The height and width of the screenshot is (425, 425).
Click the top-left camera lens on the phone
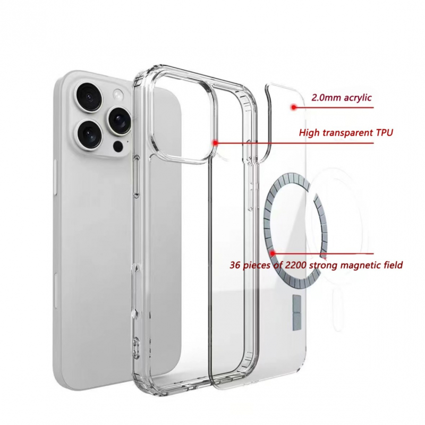89,97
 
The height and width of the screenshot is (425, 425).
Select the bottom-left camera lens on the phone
89,133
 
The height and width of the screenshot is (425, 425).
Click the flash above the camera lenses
118,95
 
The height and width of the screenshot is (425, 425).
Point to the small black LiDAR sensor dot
118,147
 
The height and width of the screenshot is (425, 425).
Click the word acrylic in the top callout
358,98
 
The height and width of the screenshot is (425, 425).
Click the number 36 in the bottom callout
235,265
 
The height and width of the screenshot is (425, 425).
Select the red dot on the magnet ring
273,253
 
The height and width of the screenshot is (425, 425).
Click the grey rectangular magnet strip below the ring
297,313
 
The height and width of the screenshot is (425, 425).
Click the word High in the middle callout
308,133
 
